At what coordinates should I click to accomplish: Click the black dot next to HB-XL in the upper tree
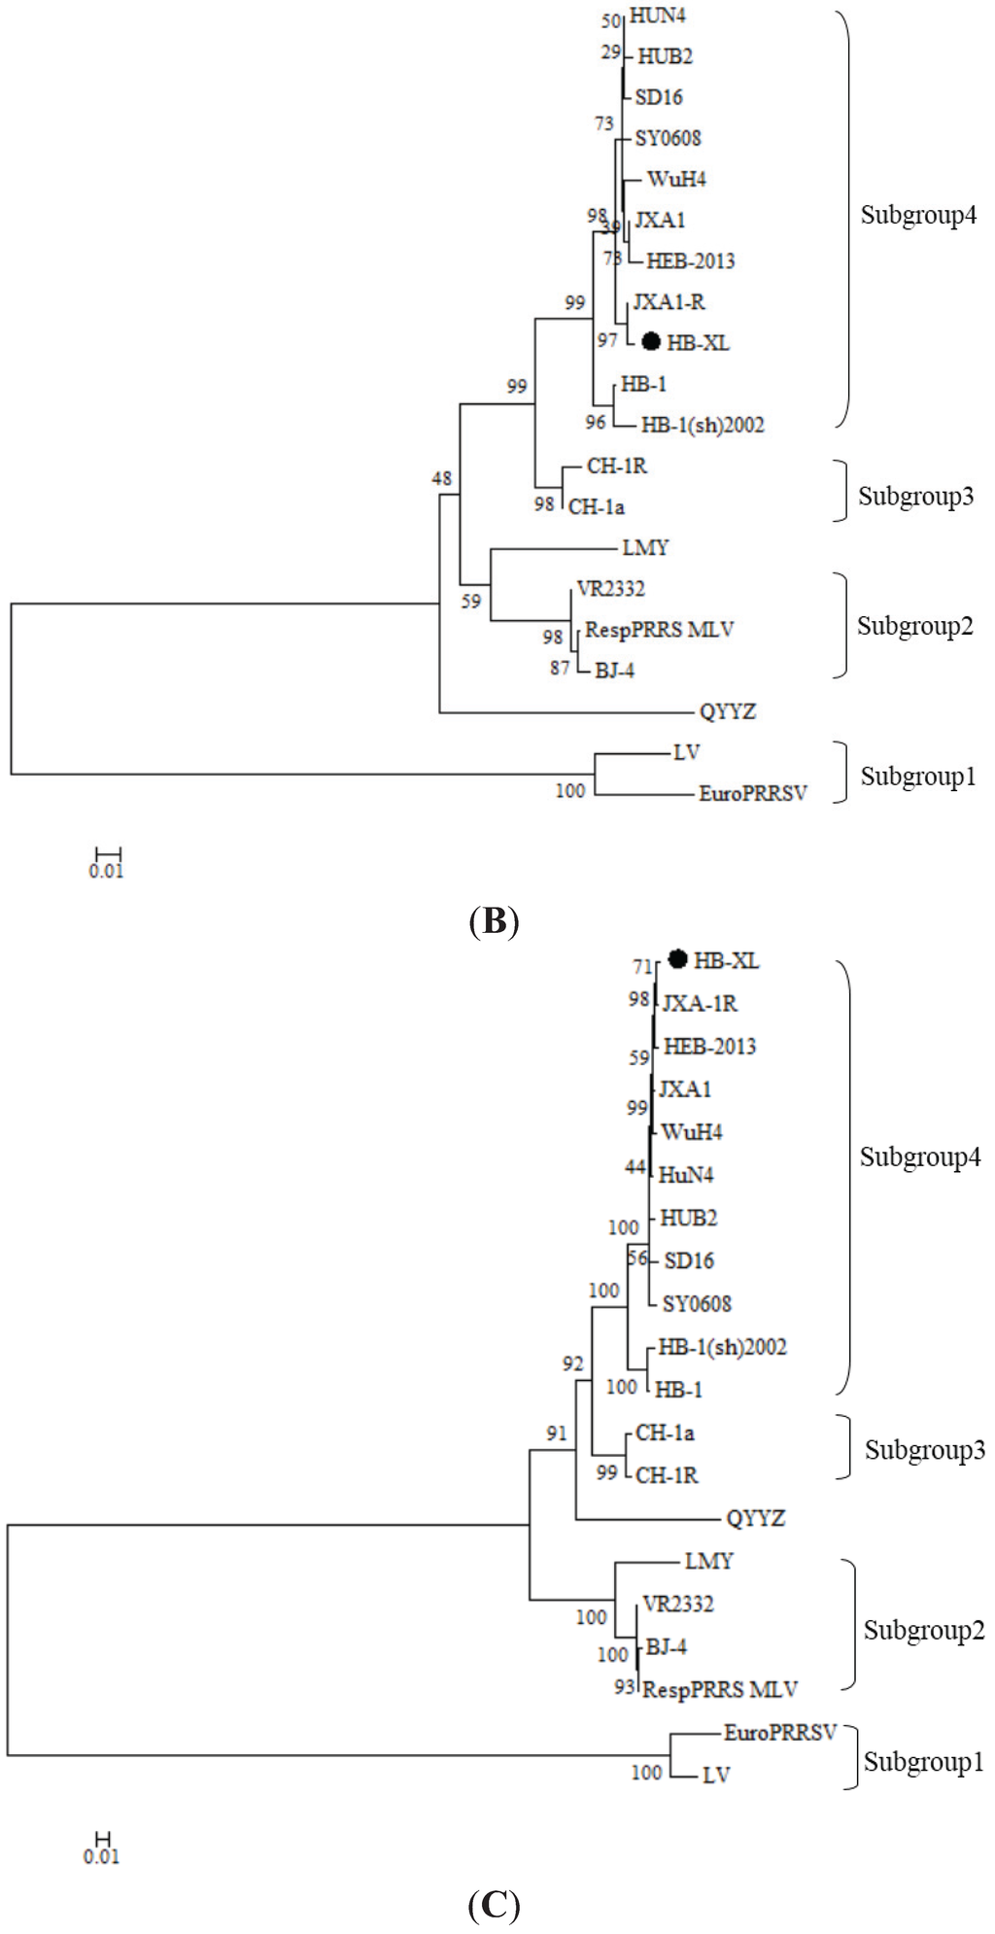click(x=651, y=342)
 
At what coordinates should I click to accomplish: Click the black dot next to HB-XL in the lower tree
click(x=678, y=959)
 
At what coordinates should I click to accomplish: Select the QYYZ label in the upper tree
click(x=727, y=711)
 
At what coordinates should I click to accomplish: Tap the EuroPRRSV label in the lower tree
click(x=779, y=1733)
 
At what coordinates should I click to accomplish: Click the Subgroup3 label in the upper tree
click(x=915, y=497)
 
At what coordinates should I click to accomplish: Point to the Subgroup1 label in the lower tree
click(x=923, y=1761)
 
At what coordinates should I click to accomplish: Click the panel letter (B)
click(x=494, y=920)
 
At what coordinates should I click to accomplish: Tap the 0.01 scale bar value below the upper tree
click(x=106, y=872)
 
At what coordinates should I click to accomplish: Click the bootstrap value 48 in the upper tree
click(x=442, y=478)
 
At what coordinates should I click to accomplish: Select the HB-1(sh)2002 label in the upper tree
click(x=703, y=425)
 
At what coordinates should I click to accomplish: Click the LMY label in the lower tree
click(x=708, y=1561)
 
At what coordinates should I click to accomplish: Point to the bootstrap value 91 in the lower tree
click(x=556, y=1433)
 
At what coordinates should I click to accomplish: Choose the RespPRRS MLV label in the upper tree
click(x=659, y=630)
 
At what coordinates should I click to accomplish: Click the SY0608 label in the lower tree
click(x=697, y=1304)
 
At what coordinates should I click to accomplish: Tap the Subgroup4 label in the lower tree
click(x=919, y=1157)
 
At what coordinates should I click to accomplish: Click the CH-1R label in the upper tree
click(x=616, y=466)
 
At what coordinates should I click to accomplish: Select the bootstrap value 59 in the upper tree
click(x=471, y=602)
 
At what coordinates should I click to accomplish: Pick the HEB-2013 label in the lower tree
click(x=709, y=1047)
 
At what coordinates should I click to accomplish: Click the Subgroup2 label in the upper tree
click(x=914, y=627)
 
